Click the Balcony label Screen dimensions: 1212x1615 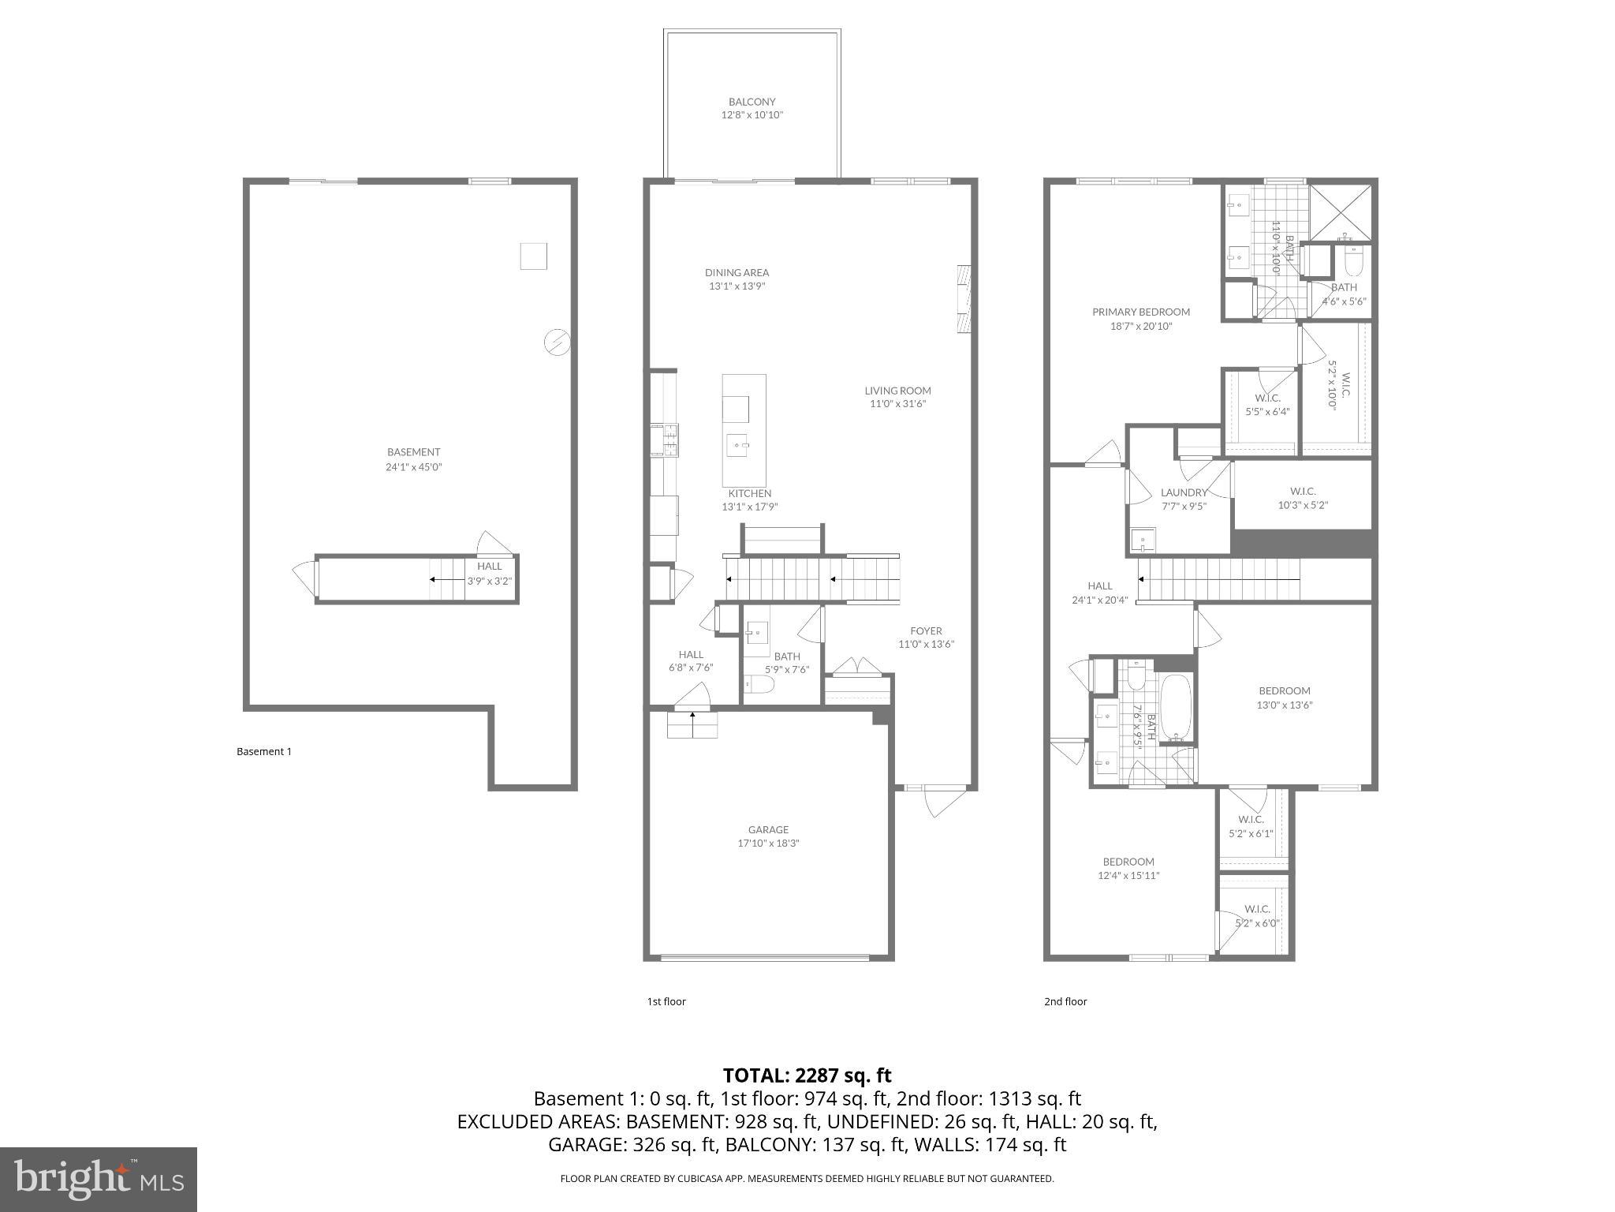752,102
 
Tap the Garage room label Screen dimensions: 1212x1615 768,829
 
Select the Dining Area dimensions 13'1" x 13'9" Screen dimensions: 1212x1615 737,286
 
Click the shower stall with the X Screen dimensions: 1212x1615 1340,211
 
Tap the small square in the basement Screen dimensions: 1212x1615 533,256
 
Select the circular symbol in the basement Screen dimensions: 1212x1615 557,342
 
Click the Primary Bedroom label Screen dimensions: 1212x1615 1140,312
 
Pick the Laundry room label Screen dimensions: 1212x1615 1184,492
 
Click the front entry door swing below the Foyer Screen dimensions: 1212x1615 944,802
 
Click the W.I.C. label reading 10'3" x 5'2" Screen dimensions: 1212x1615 1302,505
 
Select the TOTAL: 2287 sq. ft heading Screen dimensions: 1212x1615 807,1075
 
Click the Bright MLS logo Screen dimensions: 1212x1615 99,1179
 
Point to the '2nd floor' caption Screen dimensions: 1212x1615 1065,1001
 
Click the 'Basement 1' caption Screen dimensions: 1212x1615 264,751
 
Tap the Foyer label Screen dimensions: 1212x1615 926,630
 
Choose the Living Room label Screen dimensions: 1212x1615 897,391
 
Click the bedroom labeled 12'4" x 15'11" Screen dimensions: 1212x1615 1128,868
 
